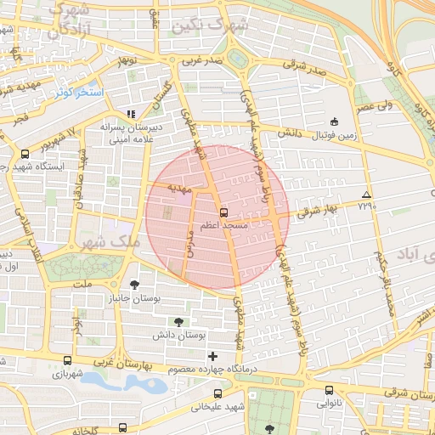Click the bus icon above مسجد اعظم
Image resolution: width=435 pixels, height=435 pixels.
[223, 212]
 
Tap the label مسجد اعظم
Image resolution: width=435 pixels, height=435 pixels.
[223, 227]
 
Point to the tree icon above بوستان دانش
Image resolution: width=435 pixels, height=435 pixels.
[178, 321]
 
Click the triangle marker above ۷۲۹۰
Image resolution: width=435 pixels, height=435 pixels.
[366, 195]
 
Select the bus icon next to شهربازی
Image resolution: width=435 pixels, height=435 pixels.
[31, 361]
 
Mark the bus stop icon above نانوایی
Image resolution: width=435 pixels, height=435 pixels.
[329, 391]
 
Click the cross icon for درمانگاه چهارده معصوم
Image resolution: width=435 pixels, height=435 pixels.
[212, 355]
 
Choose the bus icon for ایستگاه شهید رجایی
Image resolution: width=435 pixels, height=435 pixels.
[25, 155]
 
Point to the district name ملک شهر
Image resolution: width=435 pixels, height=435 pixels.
[113, 242]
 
